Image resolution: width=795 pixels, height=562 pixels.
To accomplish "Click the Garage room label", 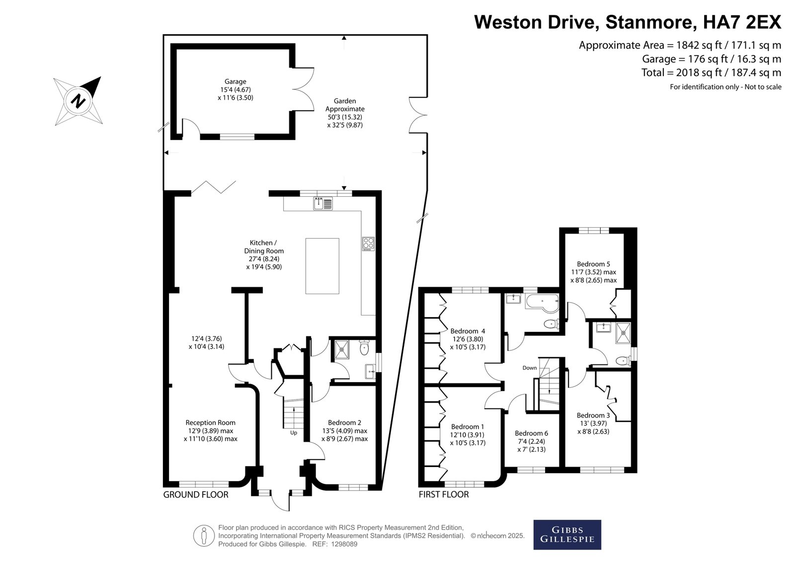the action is (236, 81).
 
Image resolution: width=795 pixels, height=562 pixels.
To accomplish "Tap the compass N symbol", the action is (78, 101).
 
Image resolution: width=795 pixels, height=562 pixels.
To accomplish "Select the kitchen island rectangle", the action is (322, 266).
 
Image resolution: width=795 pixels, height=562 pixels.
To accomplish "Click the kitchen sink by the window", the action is (323, 203).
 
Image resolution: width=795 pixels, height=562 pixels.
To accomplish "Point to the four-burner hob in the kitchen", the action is (368, 244).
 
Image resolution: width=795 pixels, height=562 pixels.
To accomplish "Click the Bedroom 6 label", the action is (531, 433).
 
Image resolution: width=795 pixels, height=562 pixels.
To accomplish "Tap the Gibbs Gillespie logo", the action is (567, 535).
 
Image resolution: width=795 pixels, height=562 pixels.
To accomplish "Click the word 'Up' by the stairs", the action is (294, 433).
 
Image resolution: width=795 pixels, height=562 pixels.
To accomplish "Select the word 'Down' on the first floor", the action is (530, 368).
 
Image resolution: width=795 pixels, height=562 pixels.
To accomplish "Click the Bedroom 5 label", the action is (593, 264).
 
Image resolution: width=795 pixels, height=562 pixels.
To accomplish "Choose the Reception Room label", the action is (211, 422).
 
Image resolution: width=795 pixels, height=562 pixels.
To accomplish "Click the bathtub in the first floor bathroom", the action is (542, 303).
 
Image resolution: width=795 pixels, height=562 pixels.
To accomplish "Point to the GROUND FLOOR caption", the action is (196, 494).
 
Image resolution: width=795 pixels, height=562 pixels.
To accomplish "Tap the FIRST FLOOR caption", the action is (444, 494).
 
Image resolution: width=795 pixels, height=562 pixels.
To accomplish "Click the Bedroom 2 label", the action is (344, 422).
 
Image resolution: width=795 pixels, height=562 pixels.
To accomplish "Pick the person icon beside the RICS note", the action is (204, 535).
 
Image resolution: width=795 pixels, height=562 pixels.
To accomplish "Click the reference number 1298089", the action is (344, 544).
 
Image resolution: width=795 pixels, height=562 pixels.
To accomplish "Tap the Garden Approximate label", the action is (345, 105).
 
